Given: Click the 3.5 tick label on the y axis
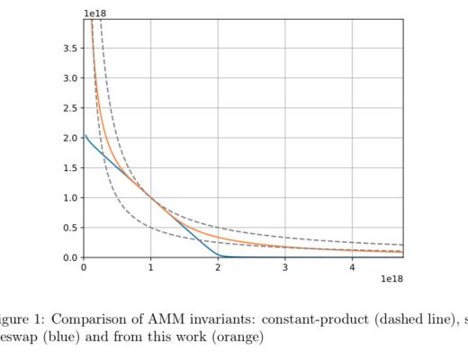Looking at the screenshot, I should pyautogui.click(x=70, y=49).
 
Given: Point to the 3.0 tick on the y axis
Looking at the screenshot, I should pyautogui.click(x=70, y=78).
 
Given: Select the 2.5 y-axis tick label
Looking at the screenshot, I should pyautogui.click(x=70, y=108).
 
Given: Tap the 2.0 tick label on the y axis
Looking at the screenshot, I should pyautogui.click(x=70, y=138).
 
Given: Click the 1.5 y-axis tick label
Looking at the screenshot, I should pyautogui.click(x=70, y=167).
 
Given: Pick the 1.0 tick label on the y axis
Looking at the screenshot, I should pyautogui.click(x=70, y=198).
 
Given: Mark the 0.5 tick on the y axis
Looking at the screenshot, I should pyautogui.click(x=70, y=228).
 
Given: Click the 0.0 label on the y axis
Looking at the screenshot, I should pyautogui.click(x=70, y=257).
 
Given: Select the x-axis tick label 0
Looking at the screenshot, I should pyautogui.click(x=84, y=268).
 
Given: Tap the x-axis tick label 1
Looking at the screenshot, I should pyautogui.click(x=150, y=268).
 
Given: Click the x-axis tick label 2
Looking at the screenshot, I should pyautogui.click(x=218, y=268).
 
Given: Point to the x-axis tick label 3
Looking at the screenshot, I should pyautogui.click(x=285, y=268).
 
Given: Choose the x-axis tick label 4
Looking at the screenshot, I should pyautogui.click(x=352, y=268).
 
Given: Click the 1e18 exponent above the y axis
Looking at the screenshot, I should pyautogui.click(x=95, y=13).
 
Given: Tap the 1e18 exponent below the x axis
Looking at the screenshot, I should pyautogui.click(x=391, y=280).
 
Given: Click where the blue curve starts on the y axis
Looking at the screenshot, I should pyautogui.click(x=85, y=136).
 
